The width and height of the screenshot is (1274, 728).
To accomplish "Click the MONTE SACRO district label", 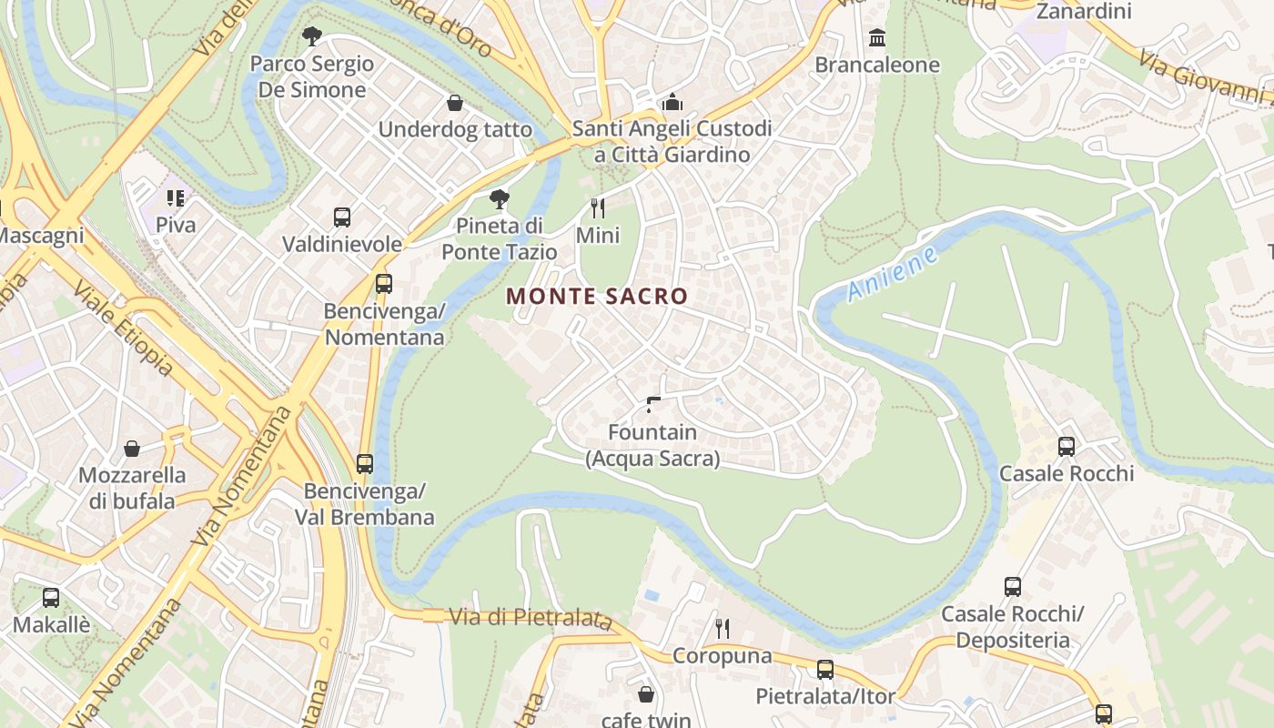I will pos(597,296).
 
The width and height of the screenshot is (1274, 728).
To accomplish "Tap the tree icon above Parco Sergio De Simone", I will pos(312,36).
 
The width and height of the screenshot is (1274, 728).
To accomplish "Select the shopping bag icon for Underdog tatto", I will pos(454,103).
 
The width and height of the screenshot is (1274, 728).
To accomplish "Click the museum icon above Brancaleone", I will pos(877,37).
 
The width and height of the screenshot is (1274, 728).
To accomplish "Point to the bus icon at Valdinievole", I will pos(342,217).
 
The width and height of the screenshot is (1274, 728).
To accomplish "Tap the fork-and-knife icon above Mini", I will pos(598,208).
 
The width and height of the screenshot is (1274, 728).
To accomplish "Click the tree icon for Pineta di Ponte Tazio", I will pos(499,198).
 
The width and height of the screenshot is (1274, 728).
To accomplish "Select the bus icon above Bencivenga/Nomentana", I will pos(384,284).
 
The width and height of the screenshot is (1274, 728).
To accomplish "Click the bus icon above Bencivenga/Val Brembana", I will pos(365,464).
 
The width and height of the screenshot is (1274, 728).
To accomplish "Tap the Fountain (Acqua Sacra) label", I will pos(652,445).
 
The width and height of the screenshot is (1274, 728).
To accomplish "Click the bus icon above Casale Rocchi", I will pos(1067,447).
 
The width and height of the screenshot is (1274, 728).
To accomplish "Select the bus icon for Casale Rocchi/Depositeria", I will pos(1013,587).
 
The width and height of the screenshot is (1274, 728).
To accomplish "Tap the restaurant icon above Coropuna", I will pos(723,628).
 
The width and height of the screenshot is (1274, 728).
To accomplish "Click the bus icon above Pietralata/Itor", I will pos(825,670).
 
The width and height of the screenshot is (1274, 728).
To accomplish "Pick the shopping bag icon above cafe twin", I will pos(646,694).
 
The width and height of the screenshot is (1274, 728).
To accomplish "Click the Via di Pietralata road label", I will pos(531,618).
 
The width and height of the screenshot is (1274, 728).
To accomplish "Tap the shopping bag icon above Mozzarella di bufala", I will pos(132,449).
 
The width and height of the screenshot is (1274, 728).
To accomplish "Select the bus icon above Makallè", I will pos(51,598).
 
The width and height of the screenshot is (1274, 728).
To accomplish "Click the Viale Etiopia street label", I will pos(123,328).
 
